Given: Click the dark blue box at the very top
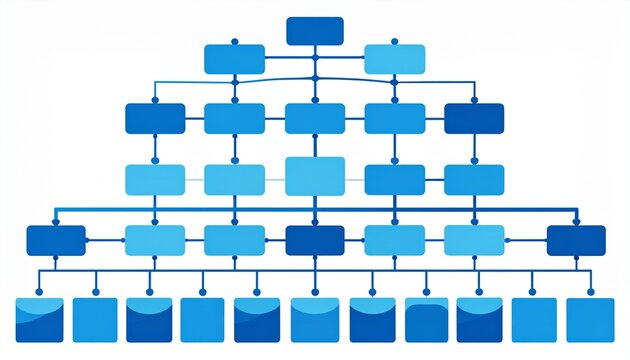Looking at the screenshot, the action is click(x=315, y=31).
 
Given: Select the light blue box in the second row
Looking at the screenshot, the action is click(x=394, y=59).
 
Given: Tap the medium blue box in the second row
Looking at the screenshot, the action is click(x=234, y=59).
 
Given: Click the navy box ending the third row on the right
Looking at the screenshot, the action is click(x=474, y=118).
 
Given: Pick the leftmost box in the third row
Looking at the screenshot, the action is click(x=155, y=118).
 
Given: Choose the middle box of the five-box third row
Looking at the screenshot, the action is click(x=315, y=118).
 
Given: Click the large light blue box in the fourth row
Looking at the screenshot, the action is click(x=315, y=176).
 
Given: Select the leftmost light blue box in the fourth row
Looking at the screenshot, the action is click(x=155, y=179).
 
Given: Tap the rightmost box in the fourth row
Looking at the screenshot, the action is click(x=474, y=179).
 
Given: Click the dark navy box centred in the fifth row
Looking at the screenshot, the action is click(x=315, y=240).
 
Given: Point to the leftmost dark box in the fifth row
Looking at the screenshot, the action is click(x=56, y=240).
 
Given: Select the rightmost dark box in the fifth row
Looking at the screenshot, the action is click(x=576, y=240).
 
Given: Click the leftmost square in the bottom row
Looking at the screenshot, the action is click(x=40, y=320).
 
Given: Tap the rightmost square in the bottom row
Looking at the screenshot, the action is click(x=590, y=320).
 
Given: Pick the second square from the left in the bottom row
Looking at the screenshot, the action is click(x=95, y=320).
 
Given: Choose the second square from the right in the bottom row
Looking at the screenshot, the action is click(x=534, y=320).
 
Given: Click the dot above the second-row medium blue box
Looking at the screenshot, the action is click(x=235, y=42).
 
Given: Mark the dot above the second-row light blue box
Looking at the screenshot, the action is click(x=394, y=42).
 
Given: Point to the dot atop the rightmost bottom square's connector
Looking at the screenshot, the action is click(x=590, y=292).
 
